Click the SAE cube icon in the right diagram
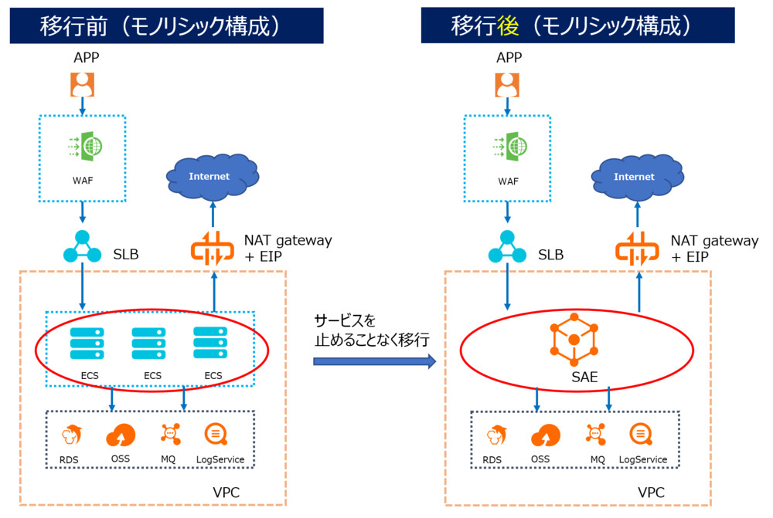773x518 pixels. tap(574, 340)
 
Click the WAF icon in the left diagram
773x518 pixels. tap(82, 146)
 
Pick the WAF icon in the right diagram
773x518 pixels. tap(507, 146)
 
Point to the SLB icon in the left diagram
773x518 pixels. tap(81, 249)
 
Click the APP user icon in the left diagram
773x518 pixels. tap(82, 84)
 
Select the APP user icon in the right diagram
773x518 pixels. tap(508, 84)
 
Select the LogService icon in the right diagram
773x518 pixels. tap(642, 435)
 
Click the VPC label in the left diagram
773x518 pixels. tap(226, 492)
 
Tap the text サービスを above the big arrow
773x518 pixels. tap(344, 320)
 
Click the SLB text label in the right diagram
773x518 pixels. tap(550, 255)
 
